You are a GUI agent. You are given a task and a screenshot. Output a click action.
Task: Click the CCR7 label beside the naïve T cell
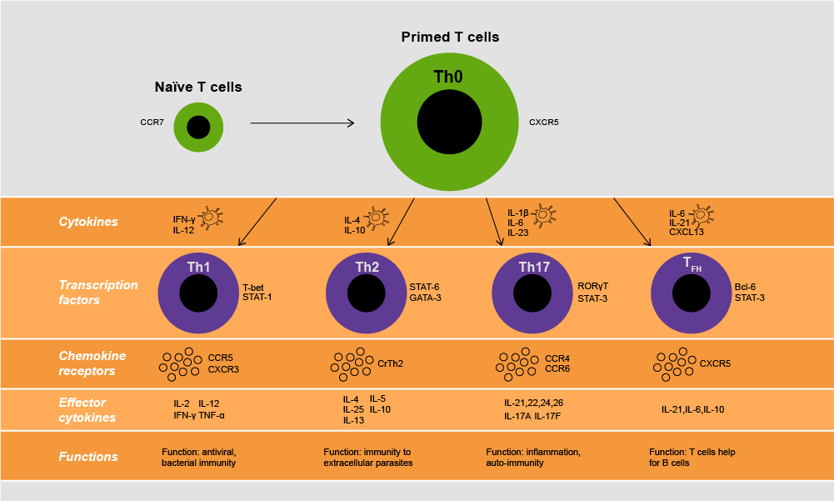click(152, 123)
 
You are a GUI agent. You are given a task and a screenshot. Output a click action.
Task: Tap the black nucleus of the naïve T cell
click(198, 128)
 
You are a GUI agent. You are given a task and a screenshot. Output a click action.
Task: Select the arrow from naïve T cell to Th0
click(302, 123)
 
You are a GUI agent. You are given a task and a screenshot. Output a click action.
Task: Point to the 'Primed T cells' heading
click(450, 38)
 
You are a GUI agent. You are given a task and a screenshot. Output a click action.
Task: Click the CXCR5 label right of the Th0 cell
click(543, 123)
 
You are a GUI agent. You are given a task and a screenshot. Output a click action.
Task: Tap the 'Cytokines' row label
click(88, 223)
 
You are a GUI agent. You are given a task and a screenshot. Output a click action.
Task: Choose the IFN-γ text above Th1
click(184, 219)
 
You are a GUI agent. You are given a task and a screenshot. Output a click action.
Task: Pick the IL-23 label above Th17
click(518, 233)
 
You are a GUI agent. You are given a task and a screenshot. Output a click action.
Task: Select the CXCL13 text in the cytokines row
click(687, 233)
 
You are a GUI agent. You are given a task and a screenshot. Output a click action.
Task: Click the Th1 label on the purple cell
click(198, 268)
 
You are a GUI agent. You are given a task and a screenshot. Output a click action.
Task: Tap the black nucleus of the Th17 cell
click(532, 294)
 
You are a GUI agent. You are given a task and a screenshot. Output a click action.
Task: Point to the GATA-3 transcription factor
click(426, 298)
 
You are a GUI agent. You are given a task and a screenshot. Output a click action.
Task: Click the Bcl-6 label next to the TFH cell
click(745, 287)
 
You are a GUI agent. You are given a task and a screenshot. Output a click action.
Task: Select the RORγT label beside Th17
click(592, 286)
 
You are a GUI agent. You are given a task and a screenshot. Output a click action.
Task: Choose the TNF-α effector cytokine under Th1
click(211, 414)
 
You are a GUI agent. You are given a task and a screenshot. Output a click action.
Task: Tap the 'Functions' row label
click(88, 457)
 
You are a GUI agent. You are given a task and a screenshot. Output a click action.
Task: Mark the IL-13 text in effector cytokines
click(354, 420)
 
